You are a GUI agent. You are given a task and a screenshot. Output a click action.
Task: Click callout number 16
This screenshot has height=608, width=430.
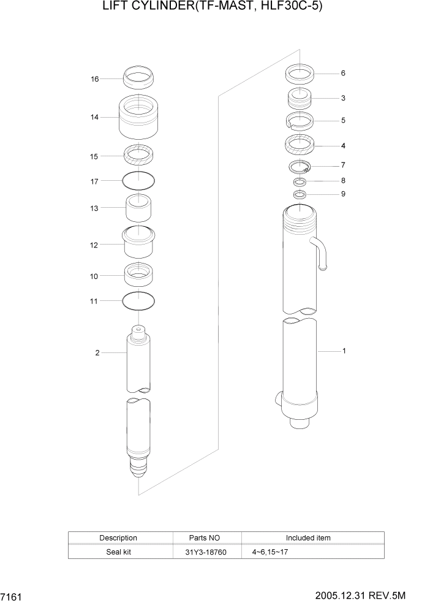click(x=95, y=79)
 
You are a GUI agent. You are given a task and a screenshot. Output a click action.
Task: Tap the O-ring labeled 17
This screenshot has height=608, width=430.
click(x=138, y=180)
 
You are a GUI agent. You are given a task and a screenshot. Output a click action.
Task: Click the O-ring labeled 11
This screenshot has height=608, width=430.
click(x=138, y=300)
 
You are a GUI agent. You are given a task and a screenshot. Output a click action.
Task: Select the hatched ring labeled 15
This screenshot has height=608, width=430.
click(x=138, y=156)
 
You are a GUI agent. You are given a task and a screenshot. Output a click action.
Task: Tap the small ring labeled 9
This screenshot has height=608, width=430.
click(x=300, y=195)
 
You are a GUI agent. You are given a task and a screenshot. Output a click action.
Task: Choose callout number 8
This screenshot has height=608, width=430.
click(x=343, y=180)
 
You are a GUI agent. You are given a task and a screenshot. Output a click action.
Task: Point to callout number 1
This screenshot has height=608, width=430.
click(x=344, y=351)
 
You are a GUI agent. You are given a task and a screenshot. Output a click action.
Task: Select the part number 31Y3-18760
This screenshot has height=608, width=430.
click(x=207, y=552)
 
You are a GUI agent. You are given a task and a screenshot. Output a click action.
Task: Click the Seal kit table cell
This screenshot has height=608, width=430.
click(x=118, y=552)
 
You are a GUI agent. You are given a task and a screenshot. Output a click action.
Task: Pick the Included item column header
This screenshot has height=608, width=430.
click(x=307, y=538)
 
